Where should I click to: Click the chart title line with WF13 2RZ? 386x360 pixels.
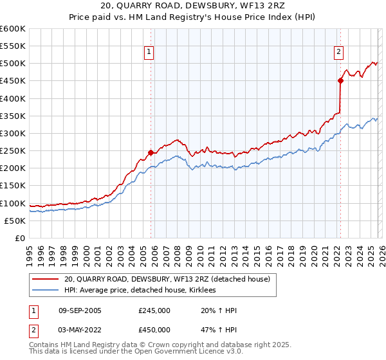[x=192, y=6]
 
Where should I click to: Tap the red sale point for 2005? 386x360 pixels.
[x=151, y=153]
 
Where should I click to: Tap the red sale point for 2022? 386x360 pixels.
[x=340, y=80]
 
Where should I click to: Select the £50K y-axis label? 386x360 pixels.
[x=15, y=221]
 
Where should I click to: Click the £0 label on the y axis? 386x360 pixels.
[x=21, y=238]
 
